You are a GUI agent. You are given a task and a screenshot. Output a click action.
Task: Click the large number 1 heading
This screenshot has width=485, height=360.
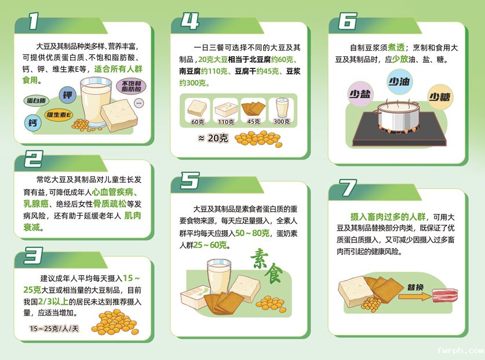click(34, 22)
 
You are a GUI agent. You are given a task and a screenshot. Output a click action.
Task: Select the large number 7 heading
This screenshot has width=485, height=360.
click(348, 188)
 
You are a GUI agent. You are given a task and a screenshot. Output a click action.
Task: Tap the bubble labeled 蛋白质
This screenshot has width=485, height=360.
click(39, 100)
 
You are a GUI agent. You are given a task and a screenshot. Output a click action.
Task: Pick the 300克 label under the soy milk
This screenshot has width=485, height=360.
click(282, 122)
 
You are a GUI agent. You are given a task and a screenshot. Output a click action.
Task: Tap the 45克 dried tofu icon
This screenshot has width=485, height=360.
click(253, 108)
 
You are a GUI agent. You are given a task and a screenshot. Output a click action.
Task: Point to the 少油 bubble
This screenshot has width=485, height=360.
click(400, 82)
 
